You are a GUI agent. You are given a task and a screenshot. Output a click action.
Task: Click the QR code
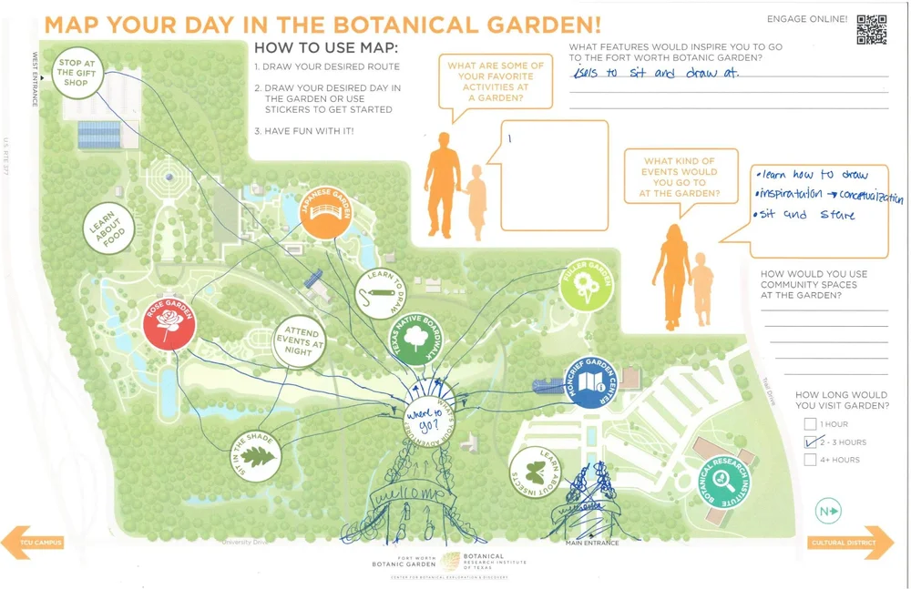click(x=871, y=29)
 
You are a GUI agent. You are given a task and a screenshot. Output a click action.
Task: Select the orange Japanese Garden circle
click(x=326, y=212)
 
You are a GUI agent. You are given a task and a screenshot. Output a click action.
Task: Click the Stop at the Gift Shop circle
click(x=77, y=72)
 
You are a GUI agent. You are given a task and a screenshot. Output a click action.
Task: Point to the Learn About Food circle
click(x=109, y=228)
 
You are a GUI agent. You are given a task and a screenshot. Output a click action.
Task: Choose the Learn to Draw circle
click(x=379, y=292)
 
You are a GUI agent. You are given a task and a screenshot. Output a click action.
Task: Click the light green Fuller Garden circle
click(x=586, y=285)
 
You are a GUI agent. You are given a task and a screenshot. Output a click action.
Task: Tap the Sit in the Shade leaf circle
click(x=255, y=456)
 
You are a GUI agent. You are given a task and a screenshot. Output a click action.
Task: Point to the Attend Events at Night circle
click(x=301, y=342)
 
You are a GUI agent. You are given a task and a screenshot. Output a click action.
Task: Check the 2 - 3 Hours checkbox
click(x=810, y=442)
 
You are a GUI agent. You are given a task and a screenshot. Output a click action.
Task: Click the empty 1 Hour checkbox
click(x=810, y=424)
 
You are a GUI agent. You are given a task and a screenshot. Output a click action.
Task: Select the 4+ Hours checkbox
click(x=810, y=460)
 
